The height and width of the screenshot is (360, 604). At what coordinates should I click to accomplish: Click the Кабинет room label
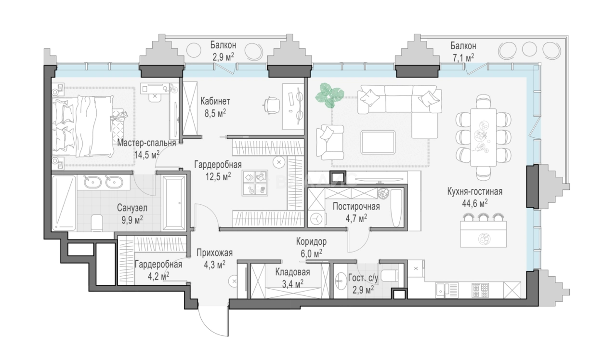click(215, 102)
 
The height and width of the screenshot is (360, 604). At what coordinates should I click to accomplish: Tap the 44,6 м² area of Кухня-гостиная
click(474, 203)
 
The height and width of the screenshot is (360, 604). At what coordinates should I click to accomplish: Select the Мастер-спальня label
click(146, 143)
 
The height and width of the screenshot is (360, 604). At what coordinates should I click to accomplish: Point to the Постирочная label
click(356, 206)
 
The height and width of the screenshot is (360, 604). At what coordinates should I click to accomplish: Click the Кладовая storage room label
click(292, 272)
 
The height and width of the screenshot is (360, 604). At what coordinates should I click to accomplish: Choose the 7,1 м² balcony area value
click(463, 57)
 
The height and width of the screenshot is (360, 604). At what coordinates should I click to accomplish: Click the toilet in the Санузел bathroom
click(97, 223)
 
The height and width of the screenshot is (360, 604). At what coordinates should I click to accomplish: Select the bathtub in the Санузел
click(174, 203)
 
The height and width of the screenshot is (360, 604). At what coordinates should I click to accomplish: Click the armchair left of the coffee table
click(330, 142)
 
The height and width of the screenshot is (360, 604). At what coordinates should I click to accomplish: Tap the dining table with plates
click(484, 137)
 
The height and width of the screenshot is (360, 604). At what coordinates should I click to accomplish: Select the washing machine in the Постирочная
click(316, 219)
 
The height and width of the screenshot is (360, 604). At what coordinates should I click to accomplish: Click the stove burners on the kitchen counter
click(480, 290)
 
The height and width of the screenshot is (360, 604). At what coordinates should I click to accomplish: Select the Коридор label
click(311, 241)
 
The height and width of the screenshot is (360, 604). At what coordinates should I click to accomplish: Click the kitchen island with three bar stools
click(483, 233)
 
